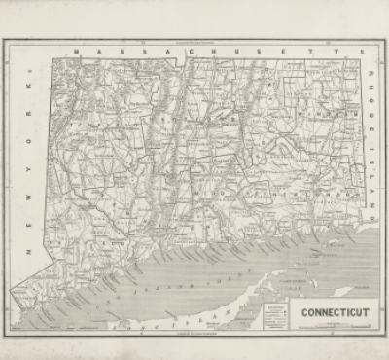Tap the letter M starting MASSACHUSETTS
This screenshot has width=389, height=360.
tap(86, 47)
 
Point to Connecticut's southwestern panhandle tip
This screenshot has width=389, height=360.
tap(14, 292)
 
